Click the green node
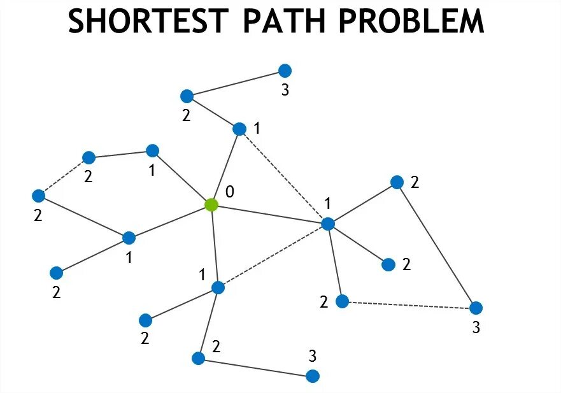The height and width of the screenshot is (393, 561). pos(211,205)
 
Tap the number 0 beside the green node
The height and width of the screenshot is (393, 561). pos(230,192)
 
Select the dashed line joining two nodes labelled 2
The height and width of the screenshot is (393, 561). pos(63,176)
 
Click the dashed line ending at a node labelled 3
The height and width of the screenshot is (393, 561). pos(409,304)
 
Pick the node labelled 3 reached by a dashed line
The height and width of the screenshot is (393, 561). pos(476,308)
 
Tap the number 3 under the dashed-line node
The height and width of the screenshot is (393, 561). pos(476,329)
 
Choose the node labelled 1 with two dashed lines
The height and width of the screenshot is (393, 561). pos(328,224)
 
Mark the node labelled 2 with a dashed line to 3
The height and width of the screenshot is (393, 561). pos(342,301)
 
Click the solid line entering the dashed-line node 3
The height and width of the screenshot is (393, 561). pos(436,245)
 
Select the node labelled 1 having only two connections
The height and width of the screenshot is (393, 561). pos(152,151)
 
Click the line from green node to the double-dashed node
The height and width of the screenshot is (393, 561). pos(269,214)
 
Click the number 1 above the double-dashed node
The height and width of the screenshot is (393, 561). pos(328,204)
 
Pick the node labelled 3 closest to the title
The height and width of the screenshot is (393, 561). pos(285,70)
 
